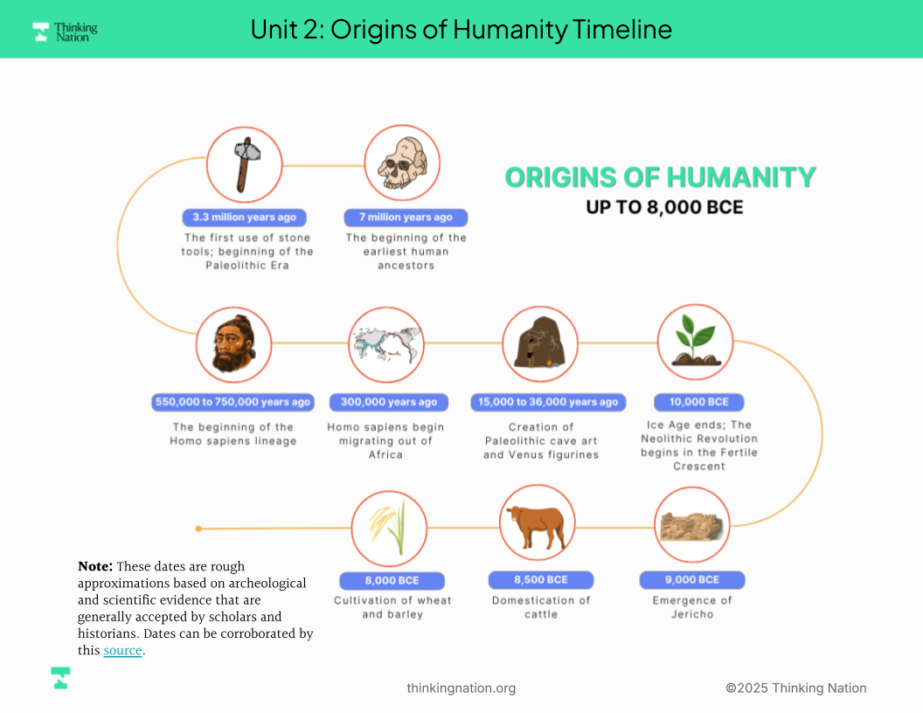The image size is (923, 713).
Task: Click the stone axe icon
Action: point(246,165)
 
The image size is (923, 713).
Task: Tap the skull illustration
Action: point(403,163)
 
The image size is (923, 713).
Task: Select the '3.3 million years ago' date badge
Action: point(244,217)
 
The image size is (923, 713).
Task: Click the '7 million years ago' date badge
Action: point(406,217)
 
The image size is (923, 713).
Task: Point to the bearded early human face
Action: point(234,344)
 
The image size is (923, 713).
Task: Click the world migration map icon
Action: point(386,345)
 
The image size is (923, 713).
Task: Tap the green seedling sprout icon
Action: point(696,340)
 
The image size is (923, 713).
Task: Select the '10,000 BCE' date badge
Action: point(698,403)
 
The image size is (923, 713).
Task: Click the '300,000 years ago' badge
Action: point(388,403)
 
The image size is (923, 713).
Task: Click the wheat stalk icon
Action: point(389,527)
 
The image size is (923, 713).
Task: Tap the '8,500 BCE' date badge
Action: point(541,580)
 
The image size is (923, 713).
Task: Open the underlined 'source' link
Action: point(122,651)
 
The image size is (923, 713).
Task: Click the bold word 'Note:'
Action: point(94,566)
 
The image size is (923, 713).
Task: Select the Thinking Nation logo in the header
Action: point(65,31)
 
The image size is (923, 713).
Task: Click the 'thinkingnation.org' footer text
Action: point(461,689)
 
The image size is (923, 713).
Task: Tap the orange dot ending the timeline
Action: point(198,529)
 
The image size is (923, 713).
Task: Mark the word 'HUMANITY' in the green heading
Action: point(741,177)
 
